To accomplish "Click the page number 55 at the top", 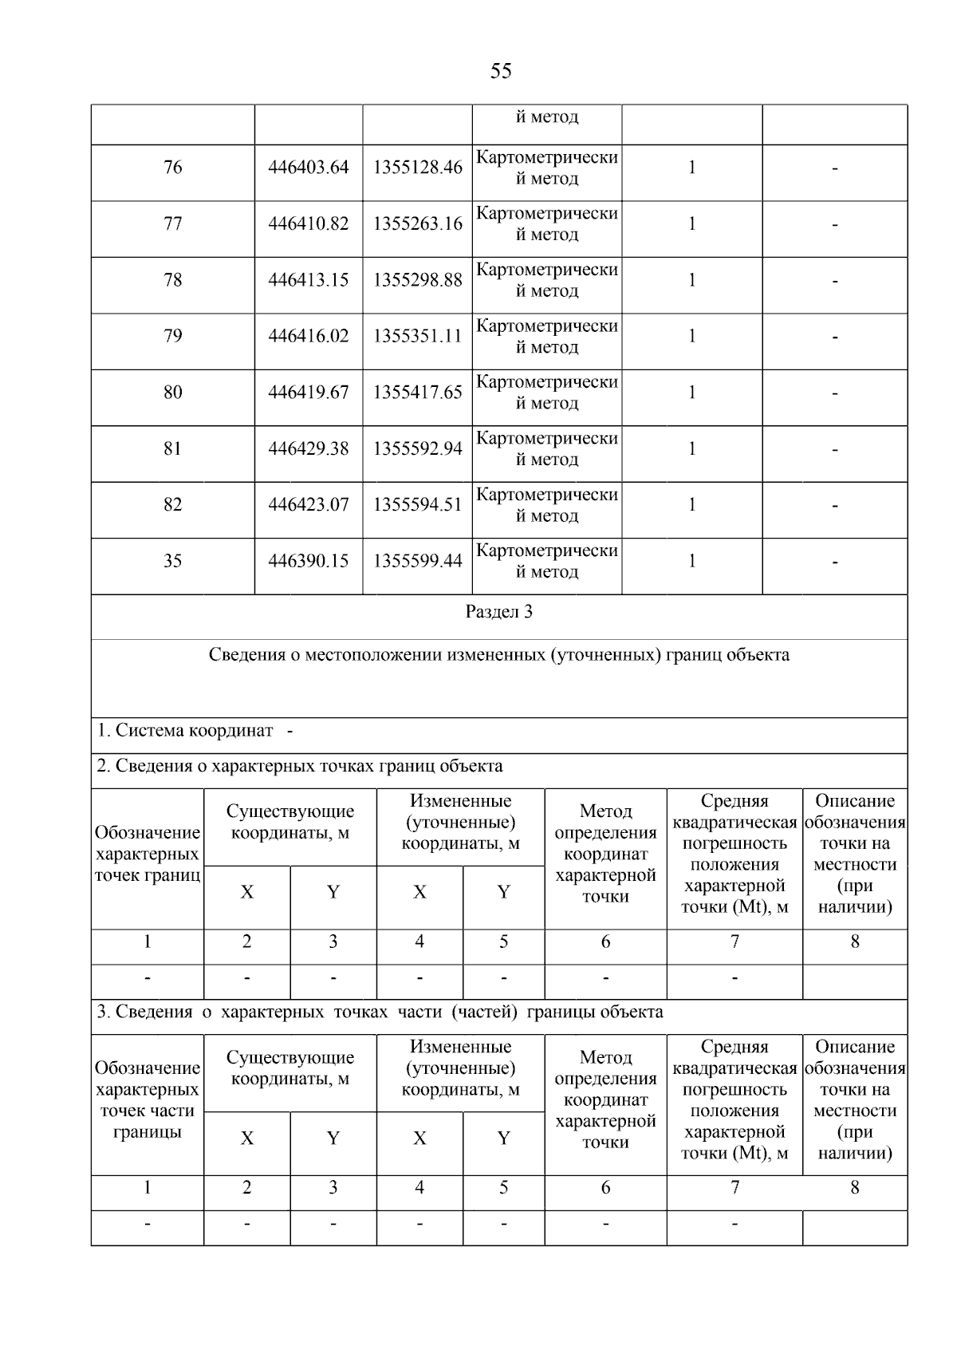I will (x=501, y=72).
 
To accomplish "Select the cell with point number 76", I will (x=172, y=168).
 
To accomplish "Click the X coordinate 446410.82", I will (x=309, y=224).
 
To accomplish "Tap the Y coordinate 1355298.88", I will (x=417, y=280).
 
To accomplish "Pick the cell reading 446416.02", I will (x=309, y=336).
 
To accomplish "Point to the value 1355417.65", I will (x=417, y=393).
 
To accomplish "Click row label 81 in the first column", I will (x=172, y=448).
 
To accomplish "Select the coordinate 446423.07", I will (x=309, y=505).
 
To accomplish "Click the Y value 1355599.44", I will (x=417, y=561).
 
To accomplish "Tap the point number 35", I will (x=172, y=561).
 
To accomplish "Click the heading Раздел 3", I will (x=499, y=612).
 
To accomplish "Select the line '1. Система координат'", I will (x=185, y=731).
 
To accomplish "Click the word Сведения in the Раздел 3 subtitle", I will (x=241, y=655).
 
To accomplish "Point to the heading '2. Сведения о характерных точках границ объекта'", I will (x=300, y=767).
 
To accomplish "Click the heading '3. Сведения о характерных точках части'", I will (x=380, y=1013).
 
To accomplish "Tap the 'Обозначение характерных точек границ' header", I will (x=148, y=855).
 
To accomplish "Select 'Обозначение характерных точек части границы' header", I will (x=148, y=1100).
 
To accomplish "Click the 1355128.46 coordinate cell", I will (x=417, y=168).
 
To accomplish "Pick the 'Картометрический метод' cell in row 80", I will (x=547, y=393).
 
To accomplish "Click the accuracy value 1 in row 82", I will (x=691, y=505).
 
